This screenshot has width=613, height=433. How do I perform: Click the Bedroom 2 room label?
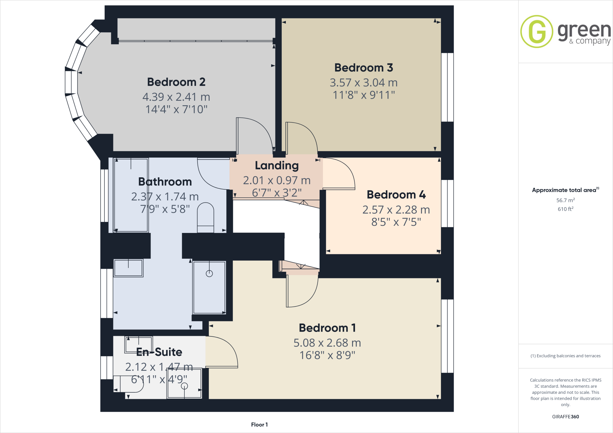point(176,82)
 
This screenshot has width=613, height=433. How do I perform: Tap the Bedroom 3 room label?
point(363,68)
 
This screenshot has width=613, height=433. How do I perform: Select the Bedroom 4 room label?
point(396,195)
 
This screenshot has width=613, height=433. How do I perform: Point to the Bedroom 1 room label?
point(327,328)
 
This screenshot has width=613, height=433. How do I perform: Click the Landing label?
point(277,165)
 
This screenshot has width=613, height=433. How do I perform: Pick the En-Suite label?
point(159,352)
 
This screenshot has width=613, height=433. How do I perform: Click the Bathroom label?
point(165,182)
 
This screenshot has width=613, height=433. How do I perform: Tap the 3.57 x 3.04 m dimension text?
point(363,83)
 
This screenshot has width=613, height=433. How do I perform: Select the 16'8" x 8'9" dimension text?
point(327,355)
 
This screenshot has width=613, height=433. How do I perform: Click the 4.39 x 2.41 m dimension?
point(176,97)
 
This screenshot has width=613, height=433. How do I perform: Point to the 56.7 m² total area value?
point(565,200)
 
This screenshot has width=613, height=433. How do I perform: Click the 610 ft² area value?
point(565,209)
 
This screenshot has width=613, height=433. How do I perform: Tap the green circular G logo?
point(537,31)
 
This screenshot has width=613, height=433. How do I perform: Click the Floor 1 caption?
point(259,425)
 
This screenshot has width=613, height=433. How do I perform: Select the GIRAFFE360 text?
point(565,417)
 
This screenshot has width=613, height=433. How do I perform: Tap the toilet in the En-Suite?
point(129,384)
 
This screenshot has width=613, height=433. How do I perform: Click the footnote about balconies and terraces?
point(565,356)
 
